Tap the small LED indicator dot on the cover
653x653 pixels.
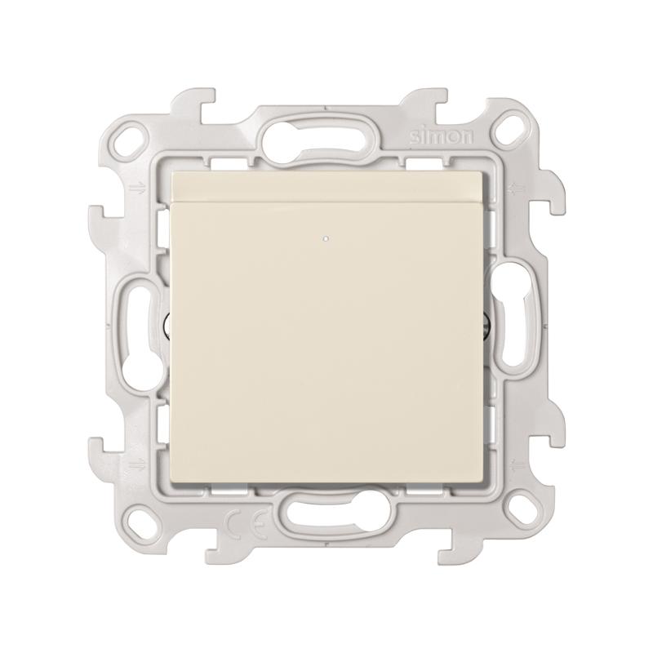[325, 239]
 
